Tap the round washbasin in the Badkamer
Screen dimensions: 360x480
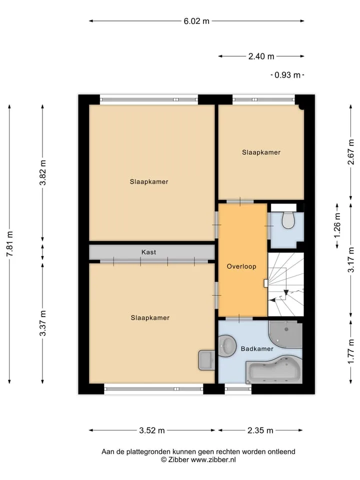click(227, 345)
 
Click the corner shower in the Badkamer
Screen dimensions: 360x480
click(285, 334)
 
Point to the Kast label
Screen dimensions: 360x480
click(149, 252)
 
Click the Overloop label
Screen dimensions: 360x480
click(241, 266)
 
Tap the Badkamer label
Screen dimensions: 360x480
click(257, 348)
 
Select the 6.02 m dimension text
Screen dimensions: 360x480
click(196, 21)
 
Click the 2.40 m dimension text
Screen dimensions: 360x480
click(261, 56)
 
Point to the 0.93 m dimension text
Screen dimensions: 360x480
click(287, 75)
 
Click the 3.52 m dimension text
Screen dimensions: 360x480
click(152, 430)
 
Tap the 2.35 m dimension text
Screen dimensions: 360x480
click(260, 430)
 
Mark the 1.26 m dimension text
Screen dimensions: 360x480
click(337, 225)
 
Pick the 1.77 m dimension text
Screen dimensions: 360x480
click(351, 352)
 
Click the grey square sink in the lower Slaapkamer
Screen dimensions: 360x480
click(206, 360)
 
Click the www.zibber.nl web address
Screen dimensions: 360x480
click(213, 459)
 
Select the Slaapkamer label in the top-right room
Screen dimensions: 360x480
click(261, 152)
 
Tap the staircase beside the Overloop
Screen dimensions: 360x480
click(286, 284)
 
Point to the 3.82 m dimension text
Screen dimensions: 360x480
click(43, 172)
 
